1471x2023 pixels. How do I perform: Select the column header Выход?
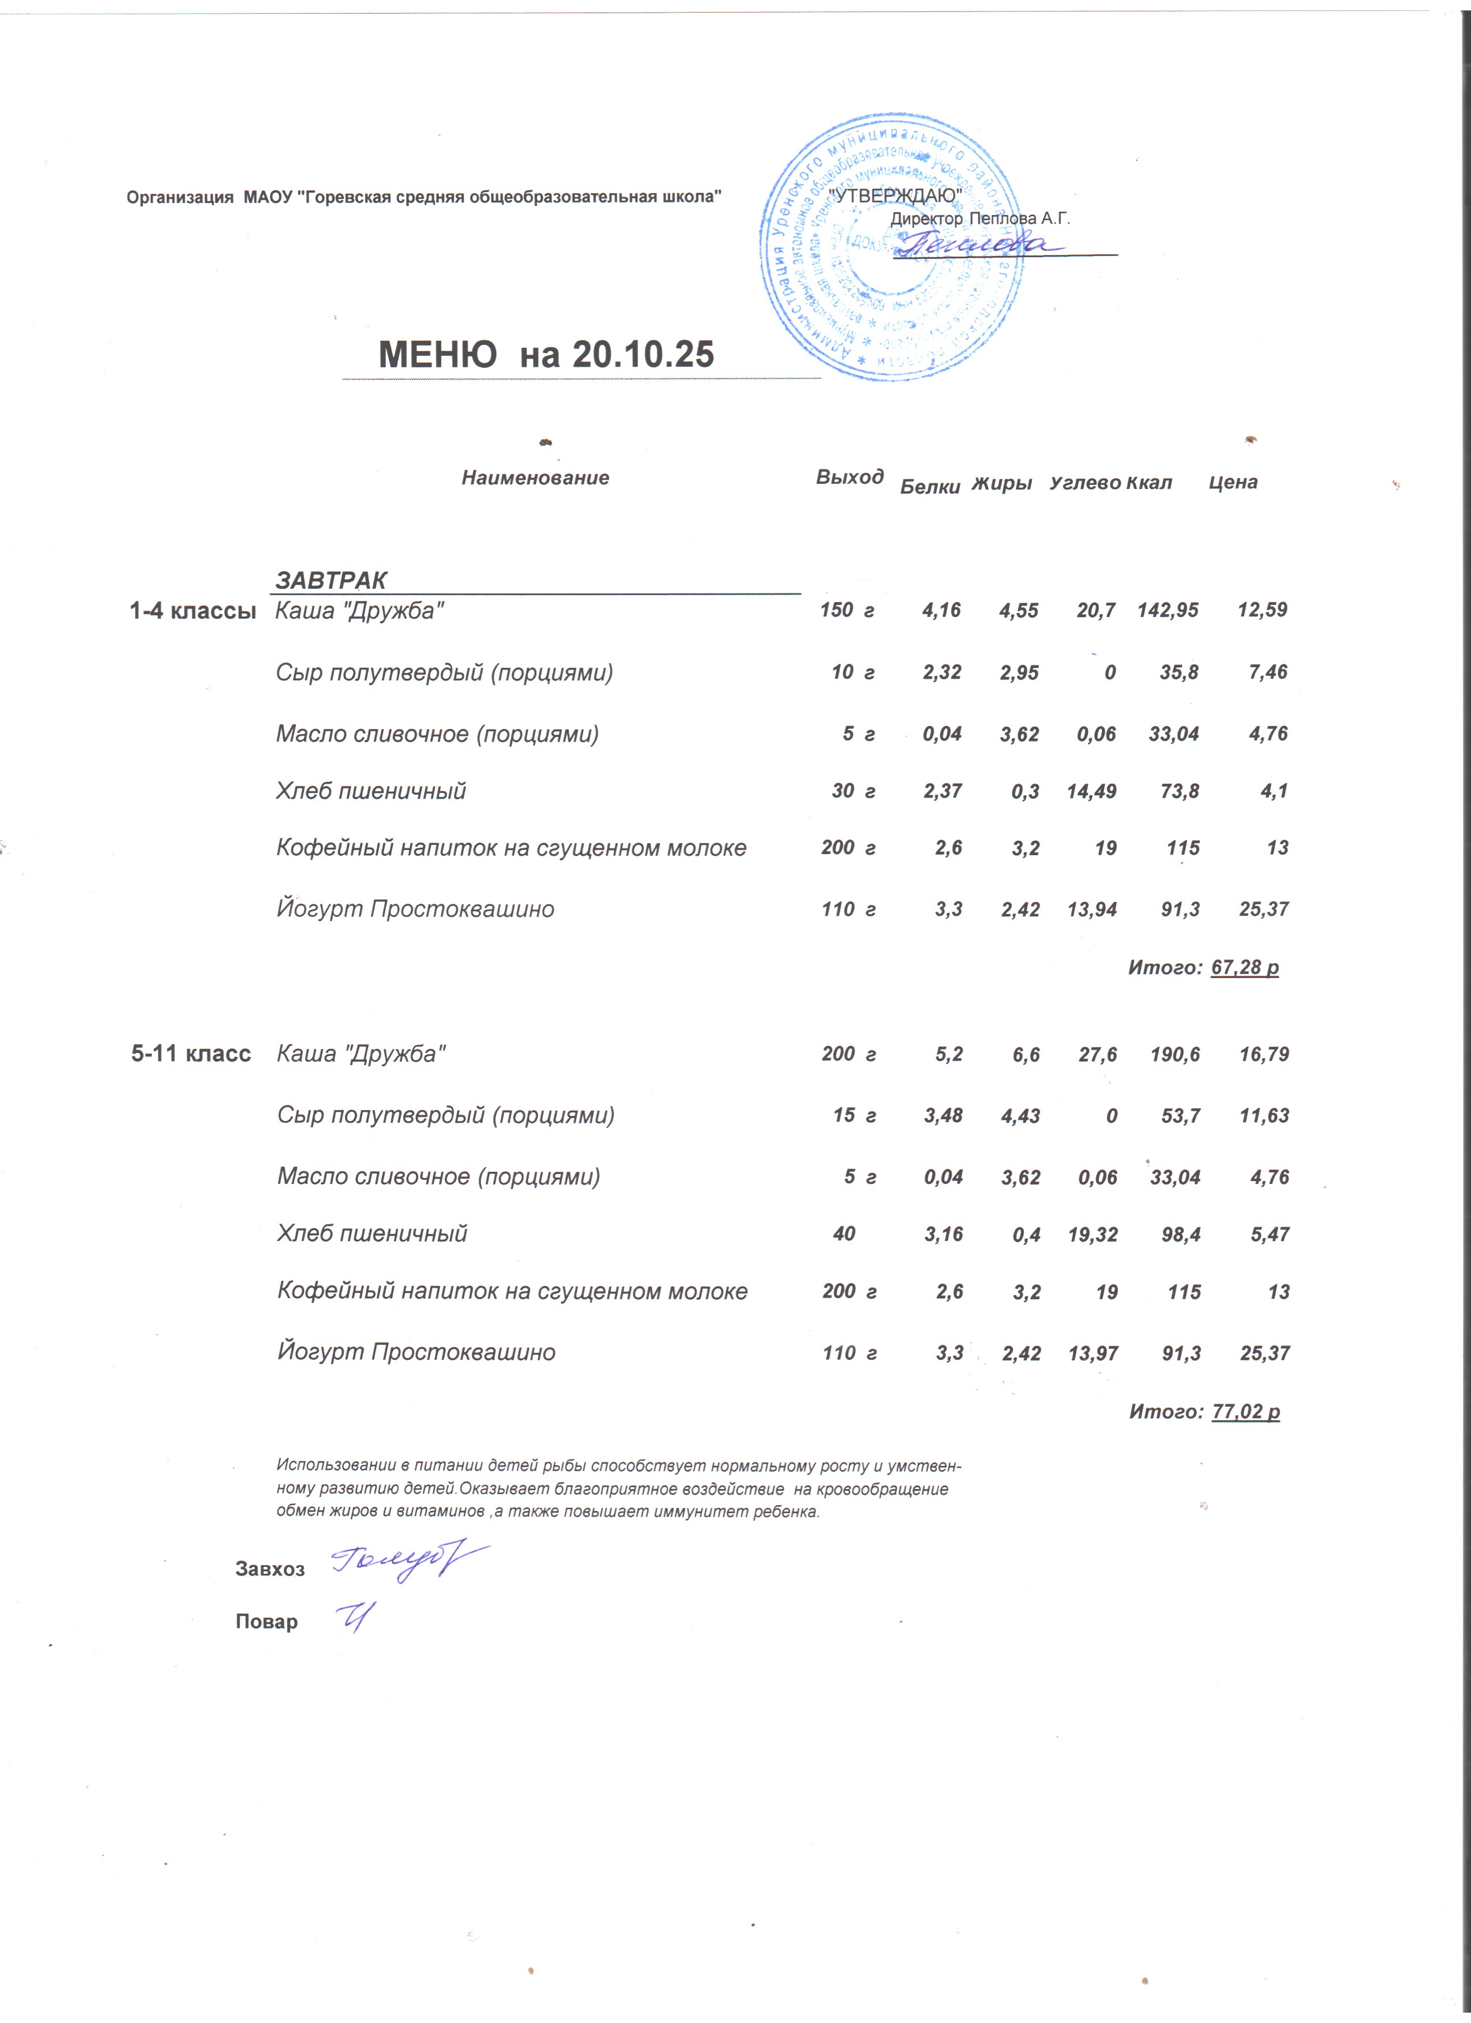(849, 477)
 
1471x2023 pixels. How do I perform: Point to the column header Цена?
(1233, 483)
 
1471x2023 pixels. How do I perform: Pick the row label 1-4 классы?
(193, 611)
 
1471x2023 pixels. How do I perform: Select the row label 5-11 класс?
(191, 1054)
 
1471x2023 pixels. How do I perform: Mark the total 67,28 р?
(1244, 967)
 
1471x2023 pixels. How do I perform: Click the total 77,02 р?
(1245, 1411)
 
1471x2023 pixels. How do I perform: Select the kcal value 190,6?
(1175, 1054)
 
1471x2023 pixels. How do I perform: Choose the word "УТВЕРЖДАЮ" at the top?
(895, 195)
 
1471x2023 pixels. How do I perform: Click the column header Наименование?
(535, 478)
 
